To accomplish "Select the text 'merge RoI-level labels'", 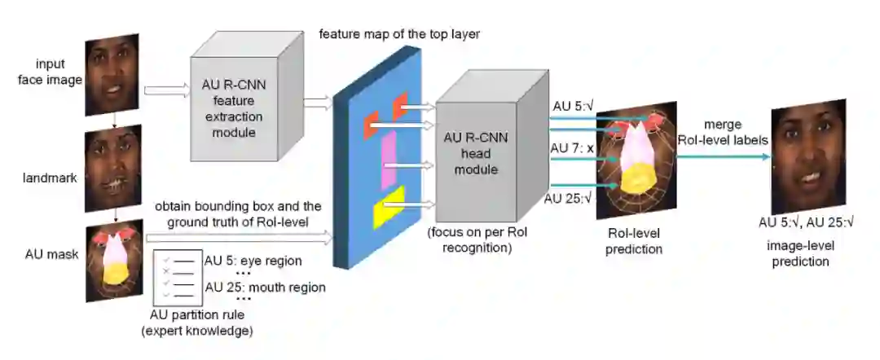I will tap(724, 132).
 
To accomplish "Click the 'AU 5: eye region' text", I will tap(253, 261).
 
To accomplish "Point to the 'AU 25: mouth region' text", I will tap(265, 287).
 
